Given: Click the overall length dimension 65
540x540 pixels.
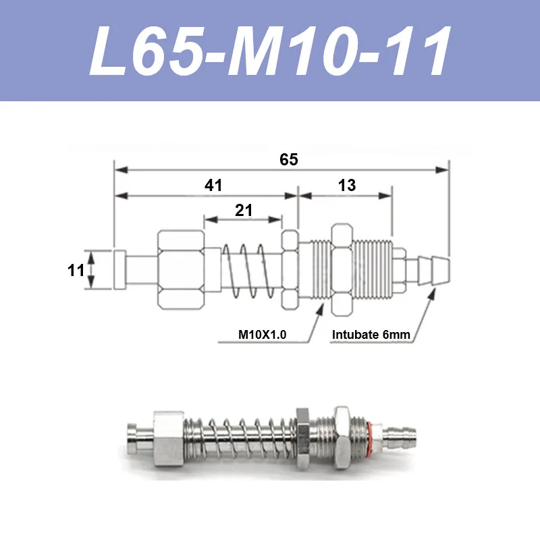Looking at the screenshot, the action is click(289, 159).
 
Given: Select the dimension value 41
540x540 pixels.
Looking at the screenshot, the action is click(213, 185).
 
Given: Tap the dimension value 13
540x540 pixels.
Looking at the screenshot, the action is click(347, 185).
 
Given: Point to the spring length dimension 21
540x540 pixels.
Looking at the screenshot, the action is click(244, 210).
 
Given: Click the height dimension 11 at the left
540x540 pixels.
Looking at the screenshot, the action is click(76, 271).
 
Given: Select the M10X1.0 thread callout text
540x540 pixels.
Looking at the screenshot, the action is click(262, 334).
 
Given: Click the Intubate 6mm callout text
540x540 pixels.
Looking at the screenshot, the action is click(371, 334).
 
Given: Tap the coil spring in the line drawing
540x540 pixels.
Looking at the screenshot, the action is click(245, 271).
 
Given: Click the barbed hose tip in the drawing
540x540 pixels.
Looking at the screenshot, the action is click(433, 271).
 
